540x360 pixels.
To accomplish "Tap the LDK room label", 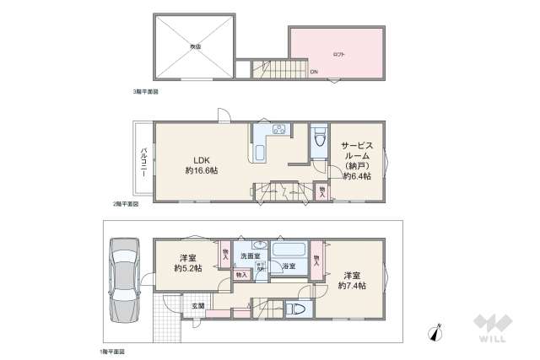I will click(x=202, y=160).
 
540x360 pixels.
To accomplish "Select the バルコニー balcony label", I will click(x=144, y=160).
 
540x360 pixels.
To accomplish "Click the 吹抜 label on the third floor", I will click(x=195, y=47).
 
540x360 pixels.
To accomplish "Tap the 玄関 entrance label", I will click(x=197, y=305).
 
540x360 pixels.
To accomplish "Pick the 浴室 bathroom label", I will click(x=288, y=266).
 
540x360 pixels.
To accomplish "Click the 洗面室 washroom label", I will click(x=251, y=255).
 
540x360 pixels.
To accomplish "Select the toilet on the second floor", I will click(x=318, y=141).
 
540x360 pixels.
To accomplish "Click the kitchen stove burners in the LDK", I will click(x=279, y=130).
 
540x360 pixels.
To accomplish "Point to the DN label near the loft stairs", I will click(x=314, y=71).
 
